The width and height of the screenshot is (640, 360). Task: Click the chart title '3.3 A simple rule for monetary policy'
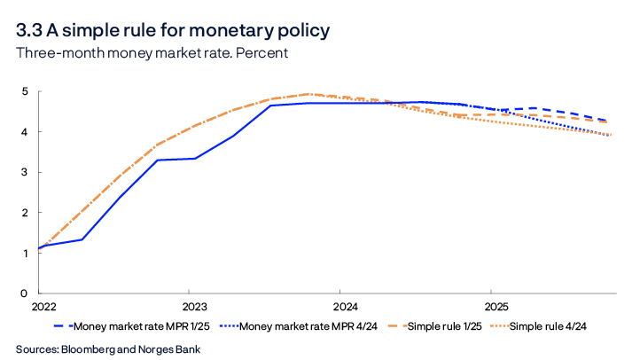[x=173, y=30]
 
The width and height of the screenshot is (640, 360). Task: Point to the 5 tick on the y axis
[x=26, y=91]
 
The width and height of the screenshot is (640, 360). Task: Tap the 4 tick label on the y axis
[x=26, y=132]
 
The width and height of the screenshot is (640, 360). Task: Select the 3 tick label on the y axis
[x=26, y=173]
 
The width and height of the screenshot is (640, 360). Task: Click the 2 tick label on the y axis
[x=26, y=213]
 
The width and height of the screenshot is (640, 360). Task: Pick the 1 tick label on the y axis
[x=26, y=254]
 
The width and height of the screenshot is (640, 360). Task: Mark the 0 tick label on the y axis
[x=26, y=293]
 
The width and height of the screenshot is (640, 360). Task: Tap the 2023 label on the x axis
[x=188, y=308]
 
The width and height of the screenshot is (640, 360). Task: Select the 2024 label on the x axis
[x=340, y=308]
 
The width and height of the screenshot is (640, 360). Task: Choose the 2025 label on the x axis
[x=491, y=308]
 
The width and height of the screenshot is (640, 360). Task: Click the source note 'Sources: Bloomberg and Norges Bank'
[x=108, y=348]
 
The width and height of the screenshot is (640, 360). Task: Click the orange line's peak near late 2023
[x=308, y=93]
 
